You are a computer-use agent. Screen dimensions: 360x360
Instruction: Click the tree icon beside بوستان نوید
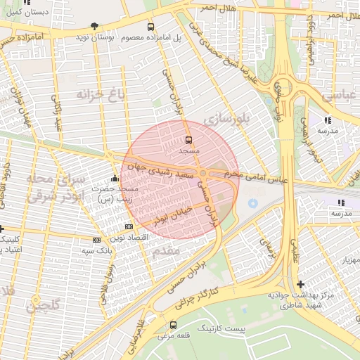pyautogui.click(x=95, y=26)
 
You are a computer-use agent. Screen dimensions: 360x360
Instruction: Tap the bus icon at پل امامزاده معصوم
pyautogui.click(x=150, y=27)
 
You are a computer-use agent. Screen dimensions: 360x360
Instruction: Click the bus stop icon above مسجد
pyautogui.click(x=188, y=140)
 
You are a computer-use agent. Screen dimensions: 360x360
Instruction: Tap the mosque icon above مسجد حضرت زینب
pyautogui.click(x=115, y=178)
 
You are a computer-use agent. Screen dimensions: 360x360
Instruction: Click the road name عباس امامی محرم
pyautogui.click(x=256, y=176)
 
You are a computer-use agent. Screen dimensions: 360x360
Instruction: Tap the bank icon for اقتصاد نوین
pyautogui.click(x=128, y=226)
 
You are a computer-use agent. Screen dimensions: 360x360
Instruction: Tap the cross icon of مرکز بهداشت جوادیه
pyautogui.click(x=301, y=285)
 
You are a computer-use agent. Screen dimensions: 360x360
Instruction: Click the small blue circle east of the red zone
pyautogui.click(x=252, y=204)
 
